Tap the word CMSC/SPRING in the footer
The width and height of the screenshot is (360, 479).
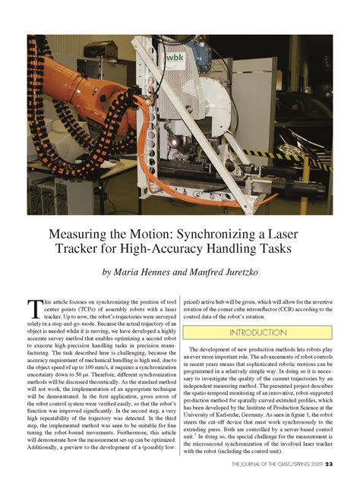[x=289, y=463]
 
